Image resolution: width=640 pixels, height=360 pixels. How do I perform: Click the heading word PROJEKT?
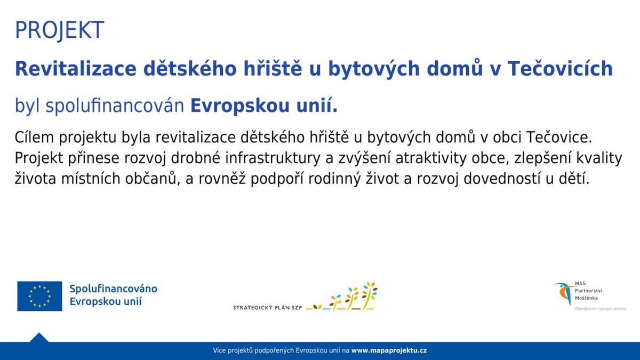[59, 30]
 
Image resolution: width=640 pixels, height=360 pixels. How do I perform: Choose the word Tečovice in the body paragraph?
[559, 138]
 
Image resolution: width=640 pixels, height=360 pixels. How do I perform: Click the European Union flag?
[39, 296]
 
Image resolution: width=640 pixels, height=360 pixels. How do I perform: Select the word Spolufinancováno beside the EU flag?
[113, 289]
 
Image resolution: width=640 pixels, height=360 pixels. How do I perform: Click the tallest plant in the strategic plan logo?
[369, 295]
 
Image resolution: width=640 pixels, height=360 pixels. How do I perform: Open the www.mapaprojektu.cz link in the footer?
[389, 351]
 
